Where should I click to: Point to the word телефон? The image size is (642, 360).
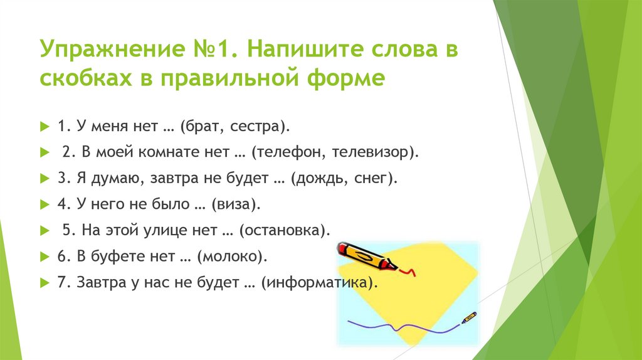pos(290,152)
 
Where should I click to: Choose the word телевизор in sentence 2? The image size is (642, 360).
pos(370,152)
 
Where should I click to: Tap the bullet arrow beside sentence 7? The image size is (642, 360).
pos(45,283)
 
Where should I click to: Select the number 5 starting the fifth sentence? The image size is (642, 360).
pos(67,230)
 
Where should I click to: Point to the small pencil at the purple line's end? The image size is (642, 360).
pos(469,317)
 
